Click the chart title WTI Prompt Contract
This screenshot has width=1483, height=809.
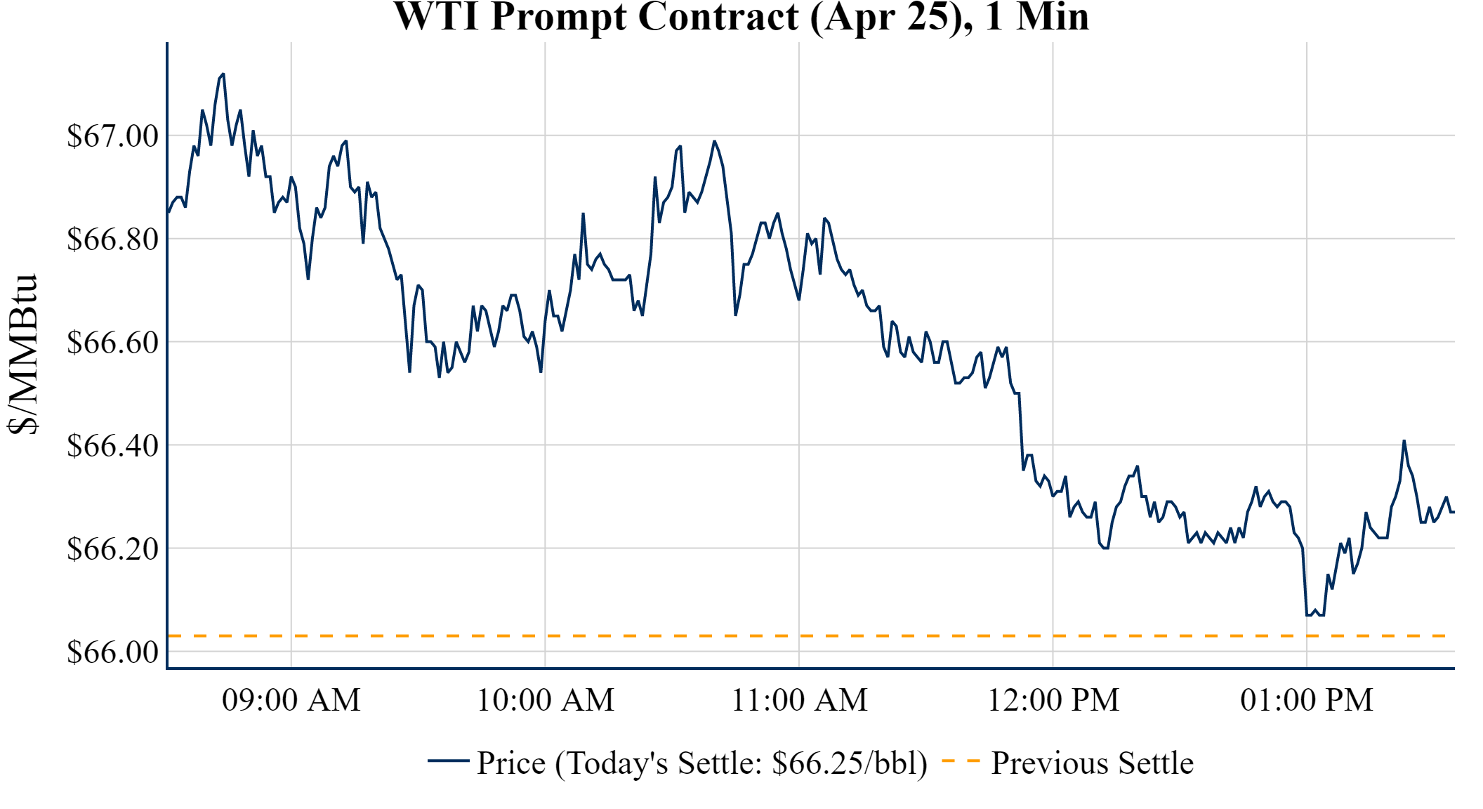pyautogui.click(x=741, y=17)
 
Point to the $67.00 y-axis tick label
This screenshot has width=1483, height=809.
pyautogui.click(x=112, y=136)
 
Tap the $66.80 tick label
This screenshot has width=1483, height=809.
pyautogui.click(x=112, y=239)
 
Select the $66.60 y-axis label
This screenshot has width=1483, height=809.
pyautogui.click(x=112, y=342)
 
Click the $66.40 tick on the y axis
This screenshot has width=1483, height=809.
pyautogui.click(x=112, y=445)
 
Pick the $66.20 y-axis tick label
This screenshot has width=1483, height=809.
pyautogui.click(x=112, y=548)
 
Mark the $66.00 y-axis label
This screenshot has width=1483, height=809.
pyautogui.click(x=112, y=652)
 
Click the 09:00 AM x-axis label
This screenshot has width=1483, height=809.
pyautogui.click(x=291, y=700)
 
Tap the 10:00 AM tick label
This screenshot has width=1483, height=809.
pyautogui.click(x=546, y=700)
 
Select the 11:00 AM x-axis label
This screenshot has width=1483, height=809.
pyautogui.click(x=799, y=700)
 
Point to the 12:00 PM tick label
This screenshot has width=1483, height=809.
pyautogui.click(x=1053, y=700)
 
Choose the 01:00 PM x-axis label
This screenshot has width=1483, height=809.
pyautogui.click(x=1307, y=700)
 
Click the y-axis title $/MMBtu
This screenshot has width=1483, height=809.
pyautogui.click(x=22, y=355)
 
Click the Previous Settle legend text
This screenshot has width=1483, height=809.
pyautogui.click(x=1092, y=763)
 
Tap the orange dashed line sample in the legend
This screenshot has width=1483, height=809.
pyautogui.click(x=960, y=761)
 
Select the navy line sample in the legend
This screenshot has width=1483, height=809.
pyautogui.click(x=448, y=761)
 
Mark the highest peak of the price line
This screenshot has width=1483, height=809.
pyautogui.click(x=223, y=74)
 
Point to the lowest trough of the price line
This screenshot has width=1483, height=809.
pyautogui.click(x=1308, y=615)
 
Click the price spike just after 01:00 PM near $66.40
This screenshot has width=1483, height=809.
pyautogui.click(x=1404, y=441)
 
